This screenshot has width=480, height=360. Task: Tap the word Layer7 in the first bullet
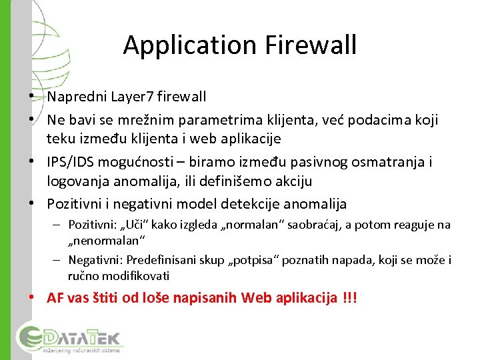[127, 97]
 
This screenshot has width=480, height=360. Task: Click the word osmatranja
[387, 162]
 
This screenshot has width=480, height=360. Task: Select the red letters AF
[55, 298]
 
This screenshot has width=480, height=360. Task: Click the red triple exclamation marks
[349, 298]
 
